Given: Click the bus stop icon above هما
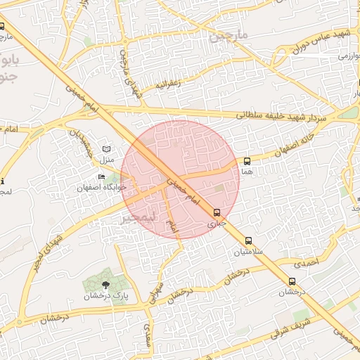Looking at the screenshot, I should pyautogui.click(x=247, y=161).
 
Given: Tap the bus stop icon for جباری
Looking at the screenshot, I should pyautogui.click(x=217, y=212).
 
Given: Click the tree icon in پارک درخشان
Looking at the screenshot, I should pyautogui.click(x=105, y=285).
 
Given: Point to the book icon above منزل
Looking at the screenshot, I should pyautogui.click(x=106, y=150).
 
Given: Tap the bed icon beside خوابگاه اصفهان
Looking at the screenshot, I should pyautogui.click(x=102, y=176).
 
